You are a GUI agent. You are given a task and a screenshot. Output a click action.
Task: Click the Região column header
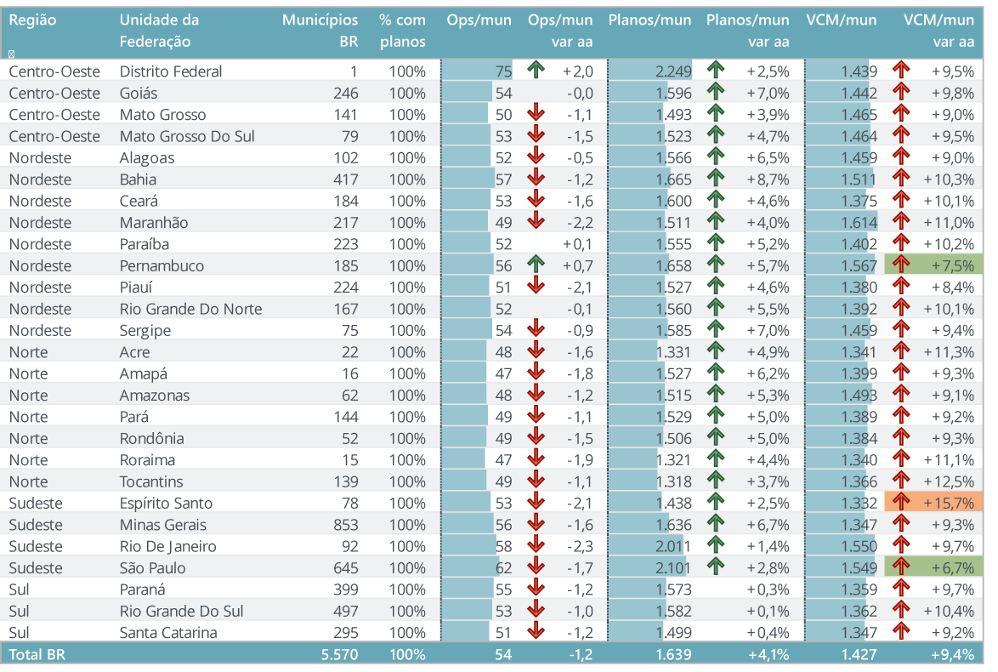pyautogui.click(x=32, y=20)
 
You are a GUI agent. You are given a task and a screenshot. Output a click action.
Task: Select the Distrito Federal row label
pyautogui.click(x=171, y=71)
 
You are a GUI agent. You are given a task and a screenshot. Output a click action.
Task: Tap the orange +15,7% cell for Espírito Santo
pyautogui.click(x=933, y=503)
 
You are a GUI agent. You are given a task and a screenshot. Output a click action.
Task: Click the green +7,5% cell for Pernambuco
pyautogui.click(x=933, y=265)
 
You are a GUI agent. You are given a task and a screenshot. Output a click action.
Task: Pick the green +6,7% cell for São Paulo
pyautogui.click(x=933, y=567)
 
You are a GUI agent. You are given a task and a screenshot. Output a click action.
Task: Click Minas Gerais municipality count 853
pyautogui.click(x=343, y=525)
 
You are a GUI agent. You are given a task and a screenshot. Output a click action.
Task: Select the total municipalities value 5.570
pyautogui.click(x=340, y=654)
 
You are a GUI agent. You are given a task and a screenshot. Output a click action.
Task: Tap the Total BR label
pyautogui.click(x=37, y=654)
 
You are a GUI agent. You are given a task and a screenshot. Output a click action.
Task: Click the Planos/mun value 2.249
pyautogui.click(x=673, y=71)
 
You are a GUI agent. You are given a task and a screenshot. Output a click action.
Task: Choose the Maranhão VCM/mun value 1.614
pyautogui.click(x=859, y=223)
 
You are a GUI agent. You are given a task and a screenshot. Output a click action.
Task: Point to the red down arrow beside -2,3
pyautogui.click(x=535, y=546)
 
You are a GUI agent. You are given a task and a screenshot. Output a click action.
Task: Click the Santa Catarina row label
pyautogui.click(x=168, y=632)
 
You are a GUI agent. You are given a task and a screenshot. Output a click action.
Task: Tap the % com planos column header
pyautogui.click(x=403, y=31)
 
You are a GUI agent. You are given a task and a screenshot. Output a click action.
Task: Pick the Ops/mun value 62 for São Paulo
pyautogui.click(x=504, y=567)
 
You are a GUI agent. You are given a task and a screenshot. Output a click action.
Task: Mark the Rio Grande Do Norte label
pyautogui.click(x=190, y=309)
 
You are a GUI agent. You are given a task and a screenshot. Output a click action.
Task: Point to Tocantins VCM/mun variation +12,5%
pyautogui.click(x=949, y=481)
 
